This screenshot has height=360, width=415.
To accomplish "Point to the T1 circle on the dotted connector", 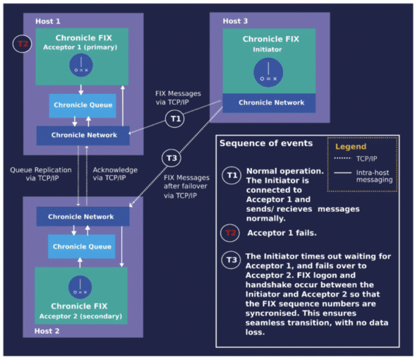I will pos(175,119).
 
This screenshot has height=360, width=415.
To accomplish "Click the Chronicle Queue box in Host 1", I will pos(83,106).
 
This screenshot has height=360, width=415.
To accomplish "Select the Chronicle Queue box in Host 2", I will pos(82,246).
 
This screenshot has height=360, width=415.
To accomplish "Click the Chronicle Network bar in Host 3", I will pos(271,102).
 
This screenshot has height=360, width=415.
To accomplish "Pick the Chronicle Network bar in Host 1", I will pos(83,135).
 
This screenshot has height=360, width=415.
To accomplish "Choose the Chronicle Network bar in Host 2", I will pos(83,217).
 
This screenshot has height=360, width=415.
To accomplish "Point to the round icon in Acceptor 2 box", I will pos(83,287).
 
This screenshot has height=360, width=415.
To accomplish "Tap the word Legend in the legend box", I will pos(351,146).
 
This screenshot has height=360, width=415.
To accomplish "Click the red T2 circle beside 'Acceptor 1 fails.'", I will pos(231,231).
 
